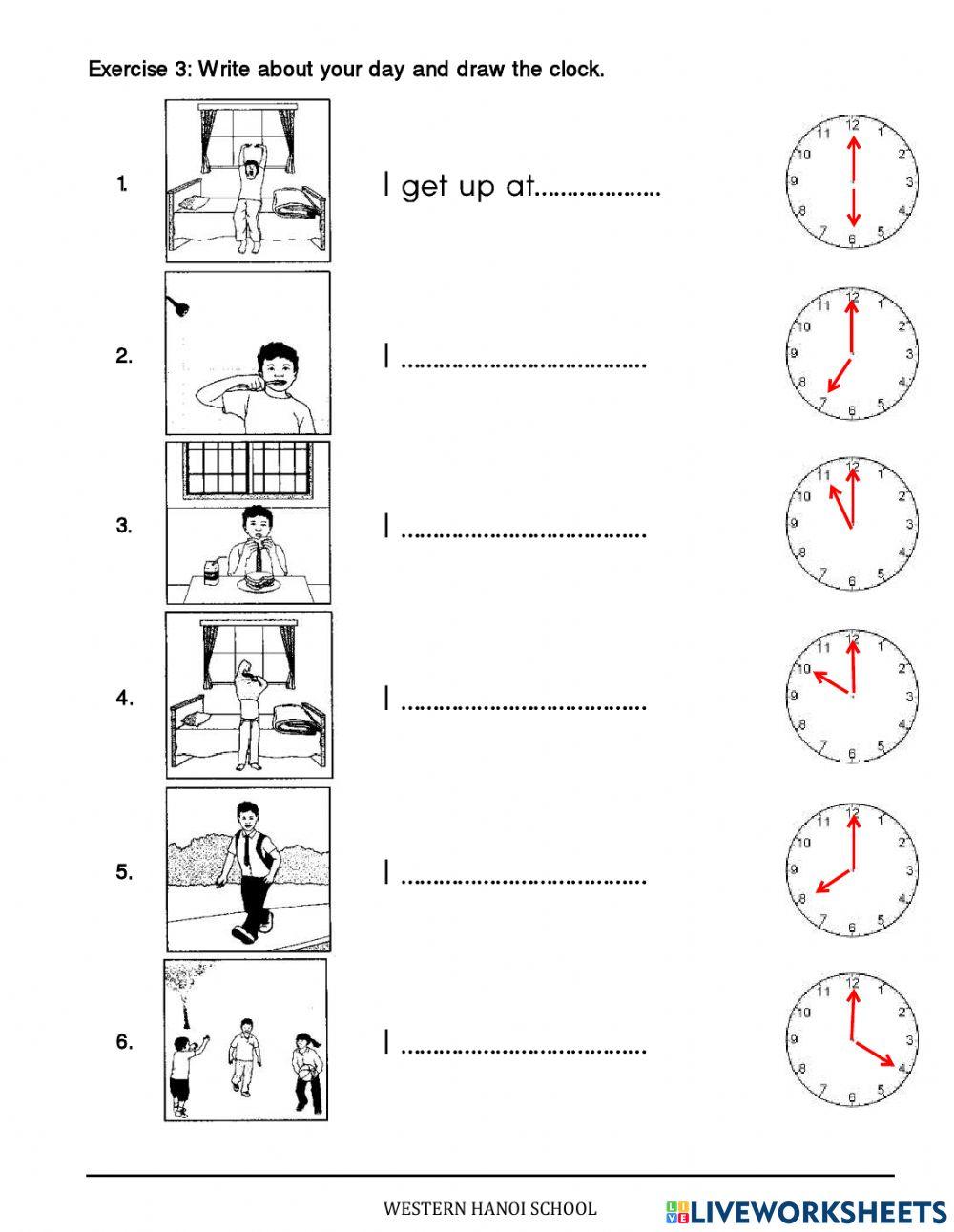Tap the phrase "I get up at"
[x=456, y=186]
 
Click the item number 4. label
[x=124, y=698]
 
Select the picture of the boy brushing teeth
[x=248, y=353]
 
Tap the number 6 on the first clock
[x=853, y=240]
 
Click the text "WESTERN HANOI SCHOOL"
[x=489, y=1209]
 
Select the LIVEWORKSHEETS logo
[x=806, y=1211]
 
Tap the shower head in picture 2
[x=178, y=305]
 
